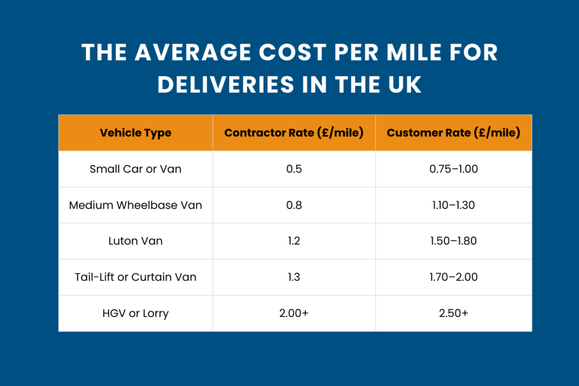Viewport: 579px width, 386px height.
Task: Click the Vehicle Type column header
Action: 136,133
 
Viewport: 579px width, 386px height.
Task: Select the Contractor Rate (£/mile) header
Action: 293,133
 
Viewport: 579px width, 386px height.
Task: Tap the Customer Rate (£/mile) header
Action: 453,133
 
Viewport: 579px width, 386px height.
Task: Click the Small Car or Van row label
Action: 136,169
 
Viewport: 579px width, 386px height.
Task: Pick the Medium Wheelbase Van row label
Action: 136,205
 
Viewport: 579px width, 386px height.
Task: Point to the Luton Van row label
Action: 136,241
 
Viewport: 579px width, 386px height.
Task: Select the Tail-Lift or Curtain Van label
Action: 136,277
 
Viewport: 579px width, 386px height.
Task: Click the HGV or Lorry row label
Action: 136,314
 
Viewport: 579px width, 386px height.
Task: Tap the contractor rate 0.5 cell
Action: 294,169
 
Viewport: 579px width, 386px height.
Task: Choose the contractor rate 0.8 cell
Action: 294,205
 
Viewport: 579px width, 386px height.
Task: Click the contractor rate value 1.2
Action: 294,241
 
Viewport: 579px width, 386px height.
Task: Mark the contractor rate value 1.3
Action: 294,277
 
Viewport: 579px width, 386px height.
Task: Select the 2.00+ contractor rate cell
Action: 294,314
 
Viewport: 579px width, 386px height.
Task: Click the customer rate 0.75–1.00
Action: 453,169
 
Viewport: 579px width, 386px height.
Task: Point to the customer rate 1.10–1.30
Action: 453,205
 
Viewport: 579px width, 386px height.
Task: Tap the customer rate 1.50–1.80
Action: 453,241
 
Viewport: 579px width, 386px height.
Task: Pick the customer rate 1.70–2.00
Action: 453,277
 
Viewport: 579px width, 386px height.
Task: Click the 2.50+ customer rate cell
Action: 453,314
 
